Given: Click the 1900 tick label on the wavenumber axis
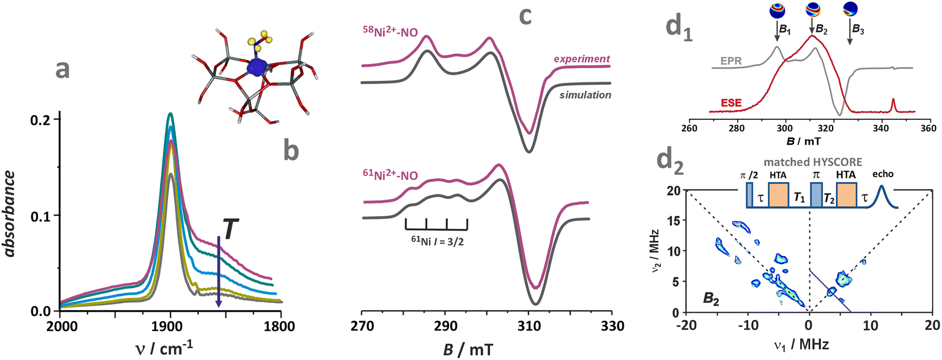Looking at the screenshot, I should pyautogui.click(x=170, y=326).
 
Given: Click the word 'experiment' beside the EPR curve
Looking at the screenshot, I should pyautogui.click(x=581, y=59).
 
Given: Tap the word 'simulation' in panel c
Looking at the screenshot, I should pyautogui.click(x=585, y=95).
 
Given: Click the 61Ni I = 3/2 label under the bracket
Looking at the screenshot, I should pyautogui.click(x=437, y=241).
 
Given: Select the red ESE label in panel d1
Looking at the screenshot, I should pyautogui.click(x=731, y=103).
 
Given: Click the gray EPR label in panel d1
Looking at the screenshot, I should pyautogui.click(x=731, y=61).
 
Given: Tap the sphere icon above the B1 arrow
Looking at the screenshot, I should pyautogui.click(x=777, y=10).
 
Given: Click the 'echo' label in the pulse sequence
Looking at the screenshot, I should pyautogui.click(x=883, y=174).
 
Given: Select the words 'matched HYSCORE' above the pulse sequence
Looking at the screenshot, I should pyautogui.click(x=813, y=162).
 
